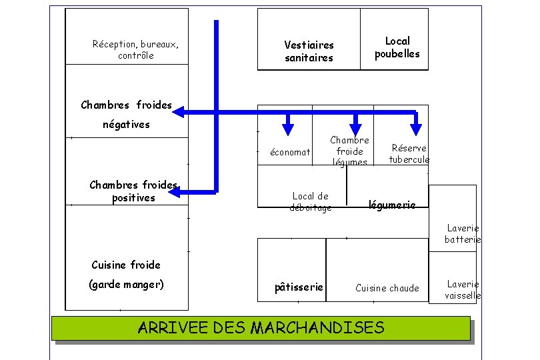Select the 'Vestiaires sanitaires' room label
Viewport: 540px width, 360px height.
[309, 51]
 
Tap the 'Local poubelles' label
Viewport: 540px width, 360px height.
[397, 47]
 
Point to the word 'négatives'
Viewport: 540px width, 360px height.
[126, 124]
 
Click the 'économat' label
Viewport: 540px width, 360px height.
[290, 153]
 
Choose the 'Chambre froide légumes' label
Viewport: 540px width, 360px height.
[349, 151]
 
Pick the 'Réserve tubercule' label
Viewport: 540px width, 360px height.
[409, 153]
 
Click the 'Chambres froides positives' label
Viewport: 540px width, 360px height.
[133, 191]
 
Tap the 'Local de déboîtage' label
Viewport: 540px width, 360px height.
[311, 201]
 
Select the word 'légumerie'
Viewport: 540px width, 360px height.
[392, 205]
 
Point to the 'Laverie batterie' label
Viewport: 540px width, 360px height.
[463, 233]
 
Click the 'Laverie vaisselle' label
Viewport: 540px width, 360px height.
[463, 289]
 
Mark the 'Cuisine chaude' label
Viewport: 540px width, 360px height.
[387, 288]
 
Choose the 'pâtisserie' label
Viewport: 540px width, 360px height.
[299, 287]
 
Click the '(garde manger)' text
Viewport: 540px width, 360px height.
[126, 285]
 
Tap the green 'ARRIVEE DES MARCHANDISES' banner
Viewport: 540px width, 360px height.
[261, 327]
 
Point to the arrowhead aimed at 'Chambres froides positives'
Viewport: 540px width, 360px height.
[176, 192]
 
